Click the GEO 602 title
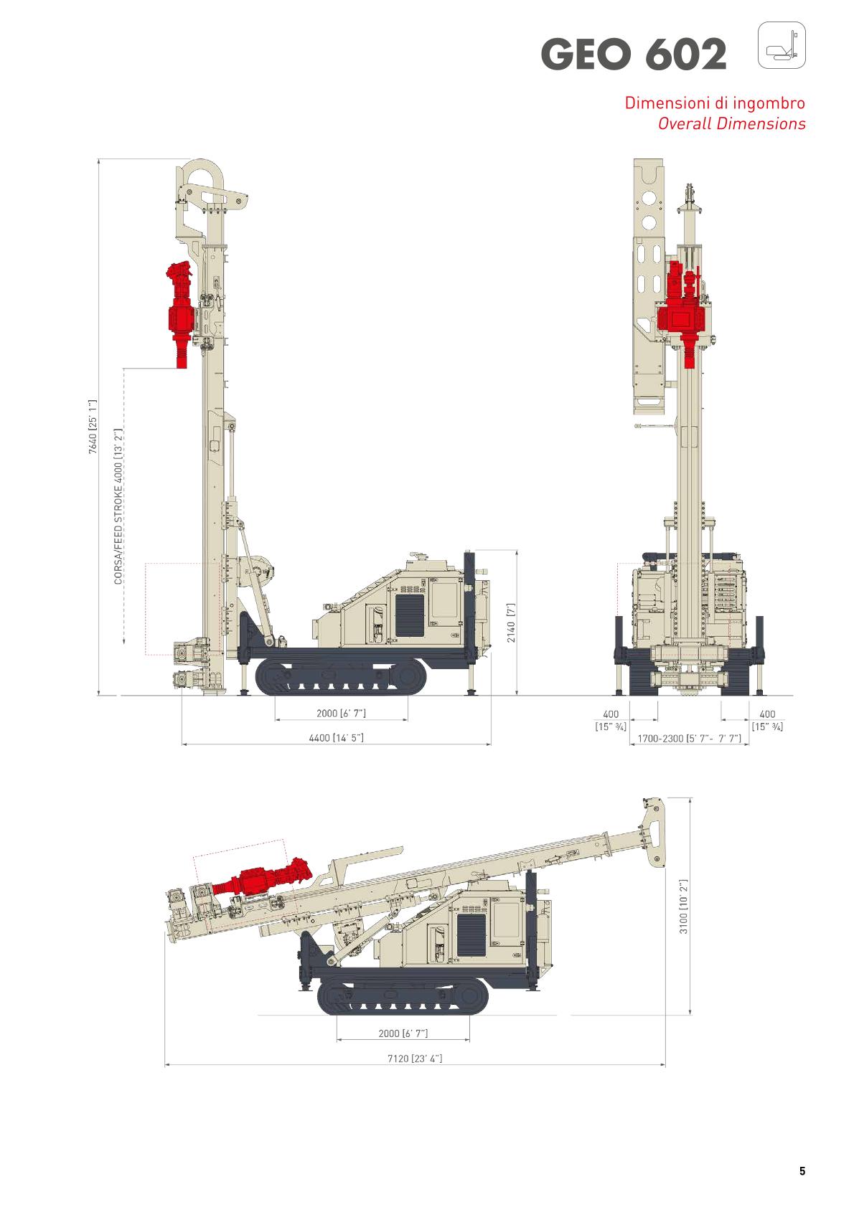pos(634,54)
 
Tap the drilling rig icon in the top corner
pos(782,45)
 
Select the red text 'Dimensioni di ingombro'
pos(715,103)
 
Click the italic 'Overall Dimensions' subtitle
pos(731,123)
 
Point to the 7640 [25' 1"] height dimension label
pos(93,427)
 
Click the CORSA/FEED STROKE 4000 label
pos(118,506)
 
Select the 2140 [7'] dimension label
pos(510,623)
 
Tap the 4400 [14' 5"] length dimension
pos(336,738)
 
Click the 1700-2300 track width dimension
pos(690,738)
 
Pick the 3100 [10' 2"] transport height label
pos(683,907)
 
